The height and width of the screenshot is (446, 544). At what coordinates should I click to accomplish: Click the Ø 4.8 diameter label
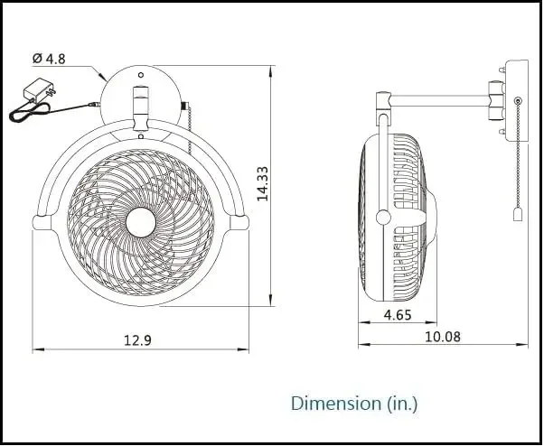(x=51, y=59)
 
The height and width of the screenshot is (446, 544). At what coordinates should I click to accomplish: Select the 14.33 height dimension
(x=263, y=184)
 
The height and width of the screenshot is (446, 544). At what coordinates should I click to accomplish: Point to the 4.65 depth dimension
(x=398, y=315)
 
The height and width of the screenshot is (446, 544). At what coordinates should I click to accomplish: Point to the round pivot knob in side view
(x=384, y=217)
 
